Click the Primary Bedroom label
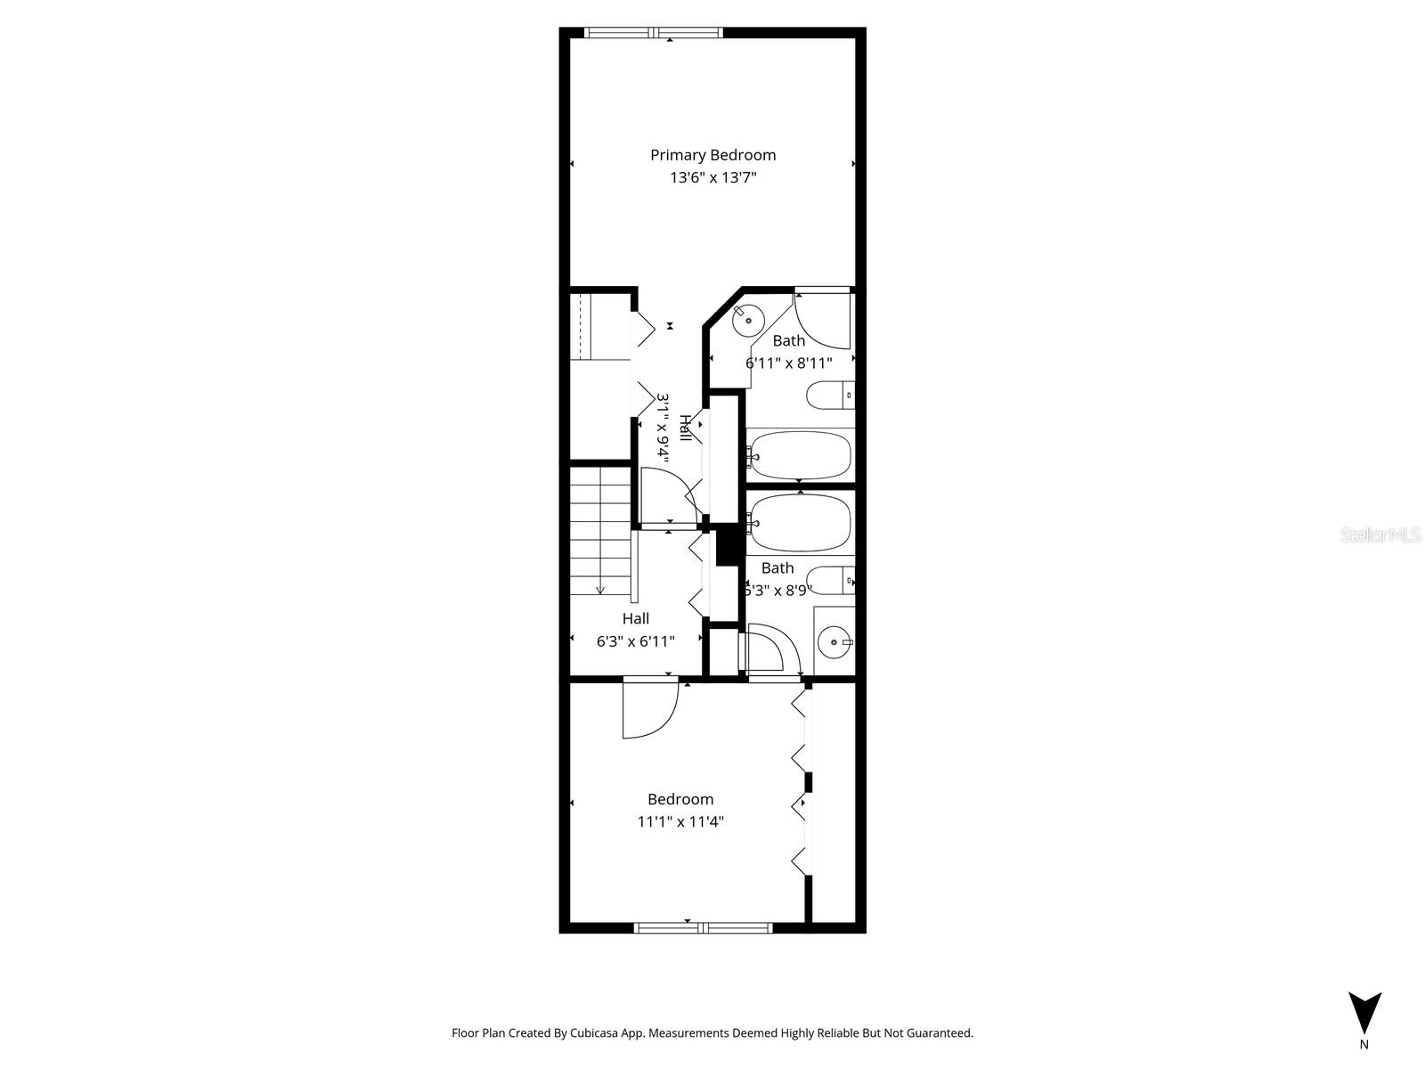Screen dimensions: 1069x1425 click(x=712, y=155)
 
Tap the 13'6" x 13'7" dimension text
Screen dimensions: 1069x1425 click(x=712, y=178)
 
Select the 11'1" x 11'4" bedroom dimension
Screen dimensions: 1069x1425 click(x=680, y=822)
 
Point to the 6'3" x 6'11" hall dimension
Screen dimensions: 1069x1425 click(x=635, y=641)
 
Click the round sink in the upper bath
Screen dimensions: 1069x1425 click(x=749, y=318)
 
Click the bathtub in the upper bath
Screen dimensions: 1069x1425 click(x=799, y=455)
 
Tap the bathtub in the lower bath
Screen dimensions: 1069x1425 click(x=799, y=522)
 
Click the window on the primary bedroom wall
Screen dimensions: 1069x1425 click(x=654, y=33)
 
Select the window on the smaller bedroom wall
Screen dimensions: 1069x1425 click(x=704, y=927)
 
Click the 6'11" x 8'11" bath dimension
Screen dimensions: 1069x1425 click(x=788, y=363)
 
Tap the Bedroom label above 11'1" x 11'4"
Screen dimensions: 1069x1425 click(x=680, y=799)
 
